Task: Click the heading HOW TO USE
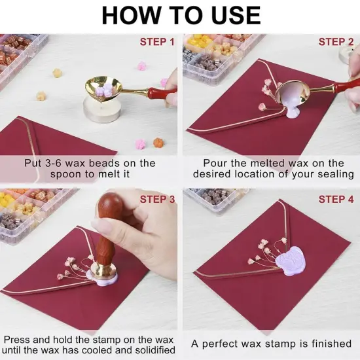pyautogui.click(x=181, y=15)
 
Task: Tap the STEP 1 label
pyautogui.click(x=157, y=42)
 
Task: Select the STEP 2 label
pyautogui.click(x=336, y=42)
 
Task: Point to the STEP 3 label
pyautogui.click(x=158, y=199)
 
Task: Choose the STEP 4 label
pyautogui.click(x=336, y=199)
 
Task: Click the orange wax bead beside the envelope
pyautogui.click(x=158, y=142)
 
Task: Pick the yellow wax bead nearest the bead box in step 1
pyautogui.click(x=57, y=73)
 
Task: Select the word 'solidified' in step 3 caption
pyautogui.click(x=155, y=350)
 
